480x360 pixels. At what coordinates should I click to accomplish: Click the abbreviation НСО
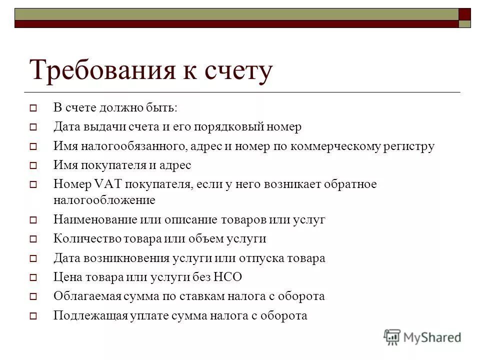click(x=227, y=277)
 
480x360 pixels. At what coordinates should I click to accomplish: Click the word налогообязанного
click(x=130, y=146)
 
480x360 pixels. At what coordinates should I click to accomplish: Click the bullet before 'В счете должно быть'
click(x=33, y=108)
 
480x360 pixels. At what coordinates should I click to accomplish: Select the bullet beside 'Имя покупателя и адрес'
click(x=33, y=165)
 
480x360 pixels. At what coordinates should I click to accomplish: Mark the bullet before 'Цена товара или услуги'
click(x=33, y=277)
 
